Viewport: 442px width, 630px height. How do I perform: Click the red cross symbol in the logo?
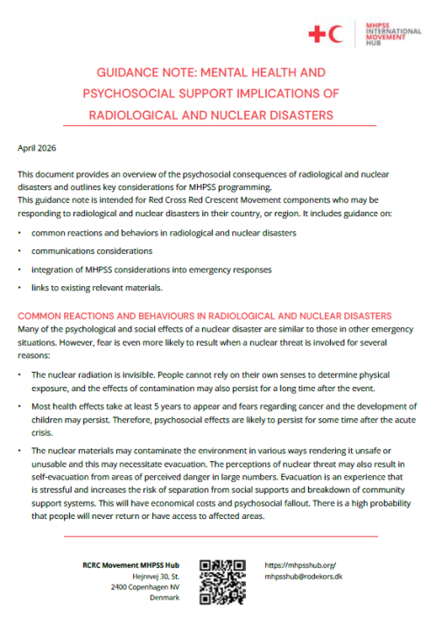[x=317, y=33]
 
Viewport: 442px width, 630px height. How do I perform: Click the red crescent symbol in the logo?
[x=338, y=33]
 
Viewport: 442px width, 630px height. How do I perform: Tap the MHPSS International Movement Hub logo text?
[x=391, y=33]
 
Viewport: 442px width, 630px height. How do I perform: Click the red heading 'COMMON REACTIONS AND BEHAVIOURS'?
[x=119, y=315]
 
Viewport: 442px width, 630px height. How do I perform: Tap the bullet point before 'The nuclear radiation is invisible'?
[x=20, y=374]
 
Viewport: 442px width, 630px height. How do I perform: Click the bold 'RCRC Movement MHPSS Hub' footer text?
[x=131, y=565]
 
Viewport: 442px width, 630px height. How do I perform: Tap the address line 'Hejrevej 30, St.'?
[x=158, y=577]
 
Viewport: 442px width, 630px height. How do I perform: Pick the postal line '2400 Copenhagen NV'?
[x=147, y=587]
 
